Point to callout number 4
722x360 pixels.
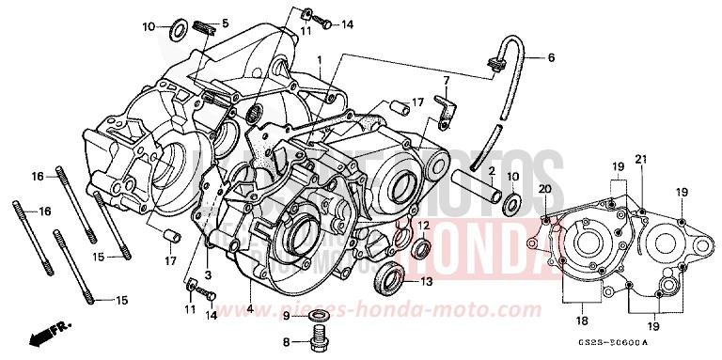tap(251, 308)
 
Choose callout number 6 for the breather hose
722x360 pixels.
tap(551, 57)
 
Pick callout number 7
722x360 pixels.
tap(447, 83)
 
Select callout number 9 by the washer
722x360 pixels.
tap(287, 315)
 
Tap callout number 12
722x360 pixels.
tap(424, 226)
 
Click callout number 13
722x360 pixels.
tap(426, 280)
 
